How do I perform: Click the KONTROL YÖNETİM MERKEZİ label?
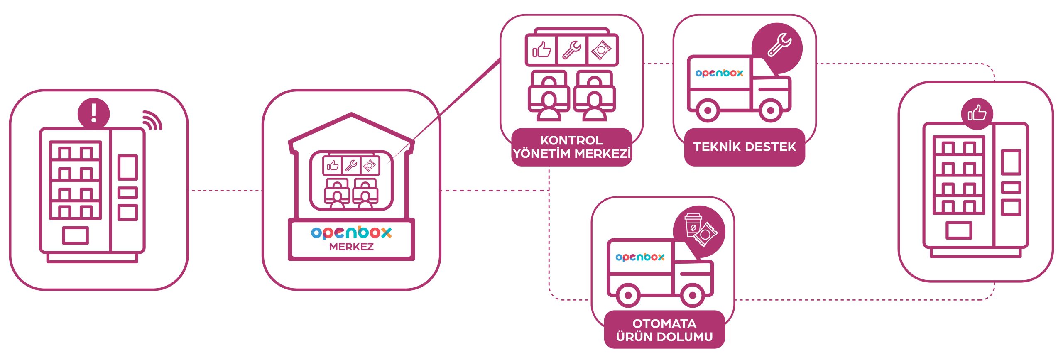click(571, 147)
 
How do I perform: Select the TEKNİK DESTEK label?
click(745, 147)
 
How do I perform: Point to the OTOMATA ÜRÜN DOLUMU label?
click(664, 330)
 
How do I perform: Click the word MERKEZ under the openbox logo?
click(351, 247)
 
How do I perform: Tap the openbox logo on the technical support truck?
click(719, 73)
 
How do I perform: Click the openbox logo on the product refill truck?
click(640, 257)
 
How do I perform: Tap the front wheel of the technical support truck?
click(770, 110)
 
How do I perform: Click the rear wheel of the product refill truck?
click(628, 295)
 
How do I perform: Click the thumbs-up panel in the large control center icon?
click(541, 50)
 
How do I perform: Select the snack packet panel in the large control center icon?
click(602, 50)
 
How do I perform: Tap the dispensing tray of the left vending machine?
click(75, 235)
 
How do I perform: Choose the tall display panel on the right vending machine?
click(1011, 162)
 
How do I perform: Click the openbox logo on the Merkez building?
click(351, 233)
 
